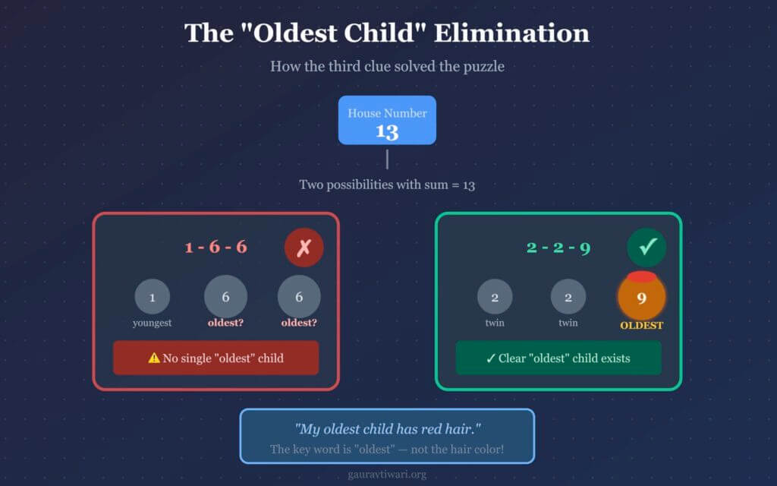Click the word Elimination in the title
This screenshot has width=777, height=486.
512,33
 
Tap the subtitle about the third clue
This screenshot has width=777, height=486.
388,67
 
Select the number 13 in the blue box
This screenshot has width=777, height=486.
387,132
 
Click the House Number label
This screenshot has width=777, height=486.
387,113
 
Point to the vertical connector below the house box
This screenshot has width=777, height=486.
387,159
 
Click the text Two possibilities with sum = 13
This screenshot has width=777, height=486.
387,185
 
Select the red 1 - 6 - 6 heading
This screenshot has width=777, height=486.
215,247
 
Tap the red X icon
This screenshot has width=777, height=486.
304,248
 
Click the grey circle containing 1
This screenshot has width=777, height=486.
152,297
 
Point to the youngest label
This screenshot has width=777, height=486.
152,323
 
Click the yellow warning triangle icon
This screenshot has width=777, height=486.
154,358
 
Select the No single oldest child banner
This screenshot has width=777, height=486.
215,358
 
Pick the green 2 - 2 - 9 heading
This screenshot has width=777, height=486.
558,247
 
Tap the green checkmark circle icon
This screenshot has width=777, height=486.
646,247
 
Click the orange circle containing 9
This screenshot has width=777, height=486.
642,298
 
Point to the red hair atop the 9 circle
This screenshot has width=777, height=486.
642,276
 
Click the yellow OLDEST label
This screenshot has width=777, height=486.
642,325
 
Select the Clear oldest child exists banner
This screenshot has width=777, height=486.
558,358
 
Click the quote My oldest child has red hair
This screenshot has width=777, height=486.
388,428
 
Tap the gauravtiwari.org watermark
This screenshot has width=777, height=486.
387,475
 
